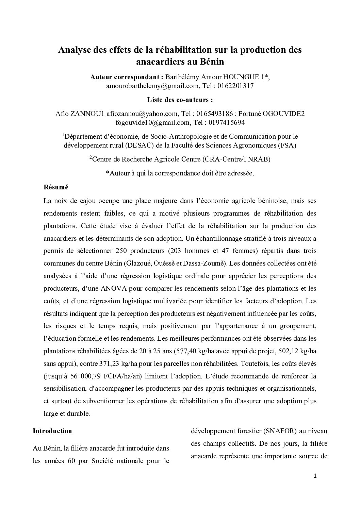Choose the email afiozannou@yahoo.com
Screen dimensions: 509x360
click(x=142, y=114)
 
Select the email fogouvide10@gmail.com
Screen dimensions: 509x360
click(x=152, y=122)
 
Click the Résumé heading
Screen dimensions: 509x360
click(x=56, y=187)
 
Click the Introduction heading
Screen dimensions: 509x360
click(x=52, y=431)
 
